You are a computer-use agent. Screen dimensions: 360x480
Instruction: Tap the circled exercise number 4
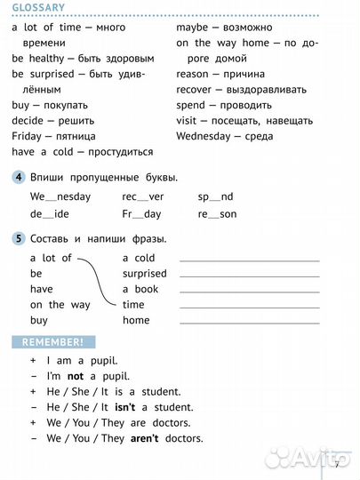pyautogui.click(x=19, y=177)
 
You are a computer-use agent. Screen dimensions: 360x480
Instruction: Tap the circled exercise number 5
pyautogui.click(x=19, y=238)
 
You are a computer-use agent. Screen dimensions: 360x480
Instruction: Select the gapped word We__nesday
pyautogui.click(x=60, y=196)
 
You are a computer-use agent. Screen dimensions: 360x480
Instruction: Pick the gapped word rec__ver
pyautogui.click(x=143, y=196)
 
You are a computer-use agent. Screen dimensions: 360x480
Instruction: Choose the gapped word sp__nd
pyautogui.click(x=215, y=196)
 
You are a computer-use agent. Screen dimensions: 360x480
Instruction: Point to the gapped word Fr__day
pyautogui.click(x=141, y=214)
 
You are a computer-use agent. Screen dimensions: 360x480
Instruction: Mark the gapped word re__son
pyautogui.click(x=217, y=214)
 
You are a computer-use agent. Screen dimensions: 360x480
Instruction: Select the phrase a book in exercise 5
pyautogui.click(x=140, y=289)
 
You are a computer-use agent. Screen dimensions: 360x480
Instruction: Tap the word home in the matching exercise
pyautogui.click(x=136, y=320)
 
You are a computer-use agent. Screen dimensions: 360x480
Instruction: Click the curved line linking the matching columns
pyautogui.click(x=100, y=280)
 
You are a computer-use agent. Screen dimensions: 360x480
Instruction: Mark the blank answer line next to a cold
pyautogui.click(x=249, y=260)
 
